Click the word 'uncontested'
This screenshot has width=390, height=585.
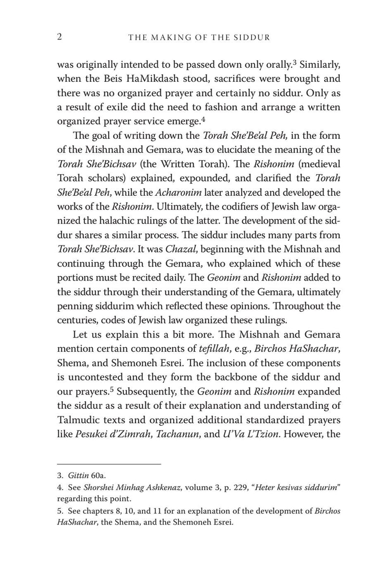point(91,377)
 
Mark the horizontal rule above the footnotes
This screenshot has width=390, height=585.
point(109,464)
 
